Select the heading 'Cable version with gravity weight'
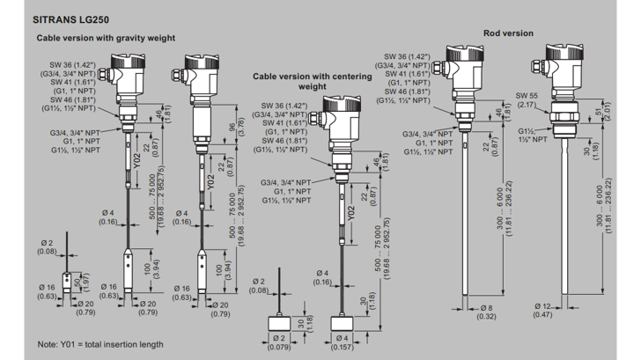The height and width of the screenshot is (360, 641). coord(106,39)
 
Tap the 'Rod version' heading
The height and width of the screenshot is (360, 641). coord(508,33)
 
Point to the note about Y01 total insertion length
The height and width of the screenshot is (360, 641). coord(99,343)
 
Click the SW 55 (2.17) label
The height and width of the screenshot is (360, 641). coord(527,100)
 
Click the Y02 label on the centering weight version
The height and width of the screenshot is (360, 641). coord(350,211)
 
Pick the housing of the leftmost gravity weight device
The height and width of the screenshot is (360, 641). coord(125,72)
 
